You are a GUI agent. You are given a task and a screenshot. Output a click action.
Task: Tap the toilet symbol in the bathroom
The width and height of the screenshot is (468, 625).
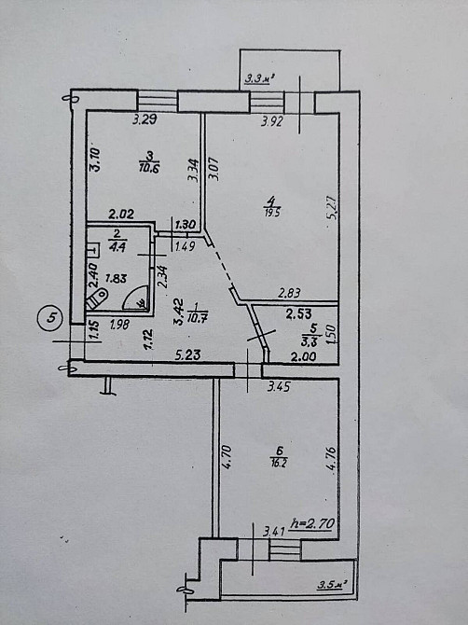[96, 298]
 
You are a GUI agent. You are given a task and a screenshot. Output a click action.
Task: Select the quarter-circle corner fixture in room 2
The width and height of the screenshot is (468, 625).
[136, 298]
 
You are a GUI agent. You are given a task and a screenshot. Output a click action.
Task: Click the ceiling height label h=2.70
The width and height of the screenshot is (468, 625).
[313, 521]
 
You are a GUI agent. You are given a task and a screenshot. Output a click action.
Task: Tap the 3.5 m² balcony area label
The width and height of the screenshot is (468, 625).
[331, 585]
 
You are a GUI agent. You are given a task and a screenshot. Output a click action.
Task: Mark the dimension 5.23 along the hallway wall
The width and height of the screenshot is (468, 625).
[190, 354]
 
